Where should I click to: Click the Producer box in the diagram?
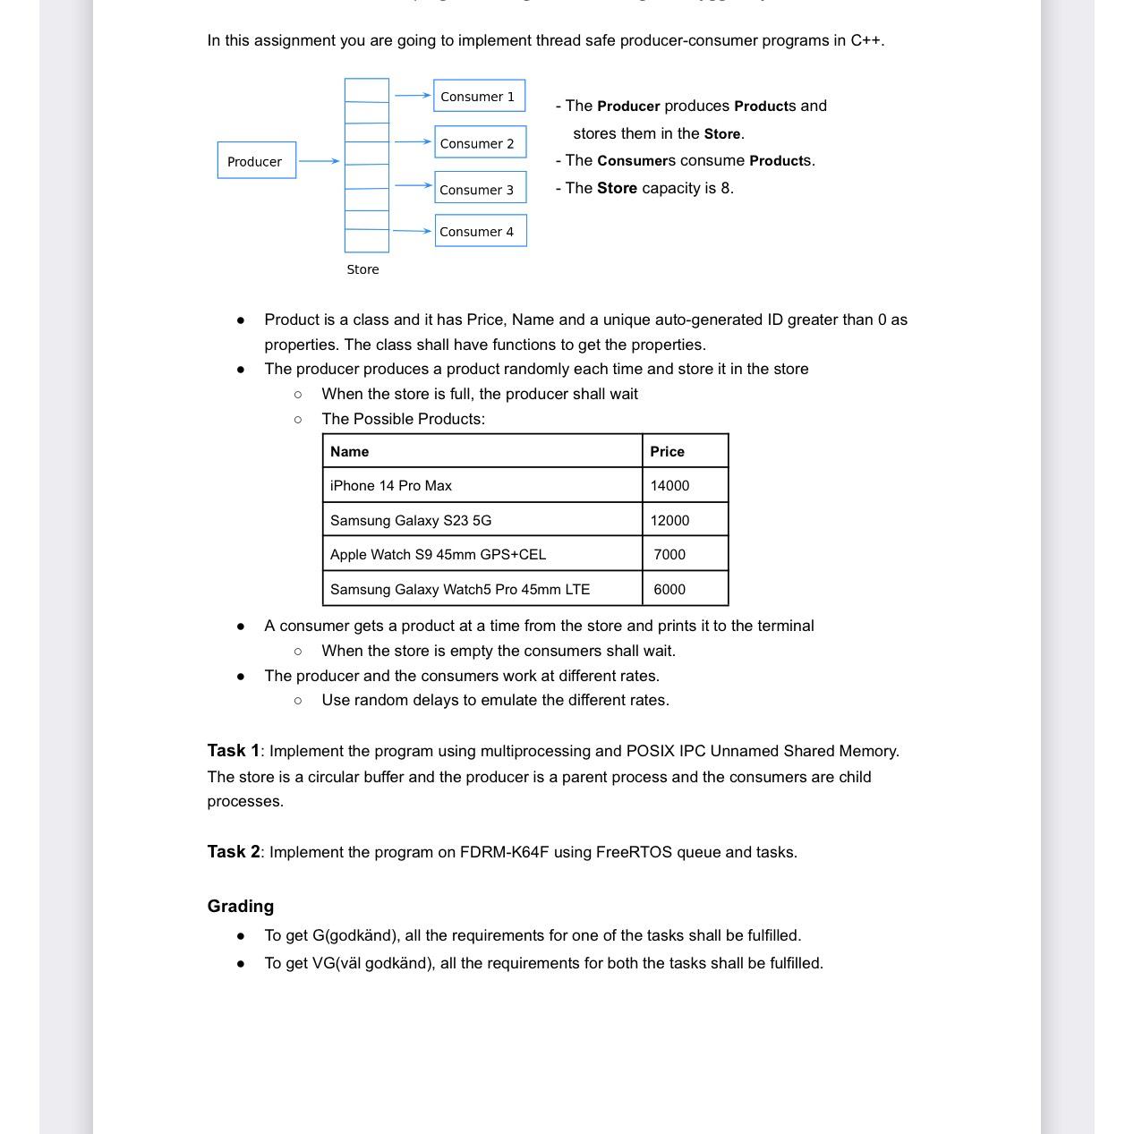pos(256,161)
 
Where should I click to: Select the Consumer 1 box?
pos(479,96)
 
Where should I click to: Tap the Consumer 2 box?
pos(479,142)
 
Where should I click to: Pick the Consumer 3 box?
pos(479,189)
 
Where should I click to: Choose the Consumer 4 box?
pos(480,231)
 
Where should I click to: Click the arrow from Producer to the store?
pos(319,161)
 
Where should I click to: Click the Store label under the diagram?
pos(362,269)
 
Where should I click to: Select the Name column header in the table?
pos(349,451)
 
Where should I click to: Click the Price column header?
pos(667,451)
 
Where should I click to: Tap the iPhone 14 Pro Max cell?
pos(391,485)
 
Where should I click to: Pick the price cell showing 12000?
pos(669,520)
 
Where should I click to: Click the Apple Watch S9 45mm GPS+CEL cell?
pos(438,554)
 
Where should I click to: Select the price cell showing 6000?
pos(669,589)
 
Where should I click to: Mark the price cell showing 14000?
pos(669,485)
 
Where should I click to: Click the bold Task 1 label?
pos(233,751)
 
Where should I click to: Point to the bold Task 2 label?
pos(233,852)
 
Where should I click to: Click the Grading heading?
pos(240,906)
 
